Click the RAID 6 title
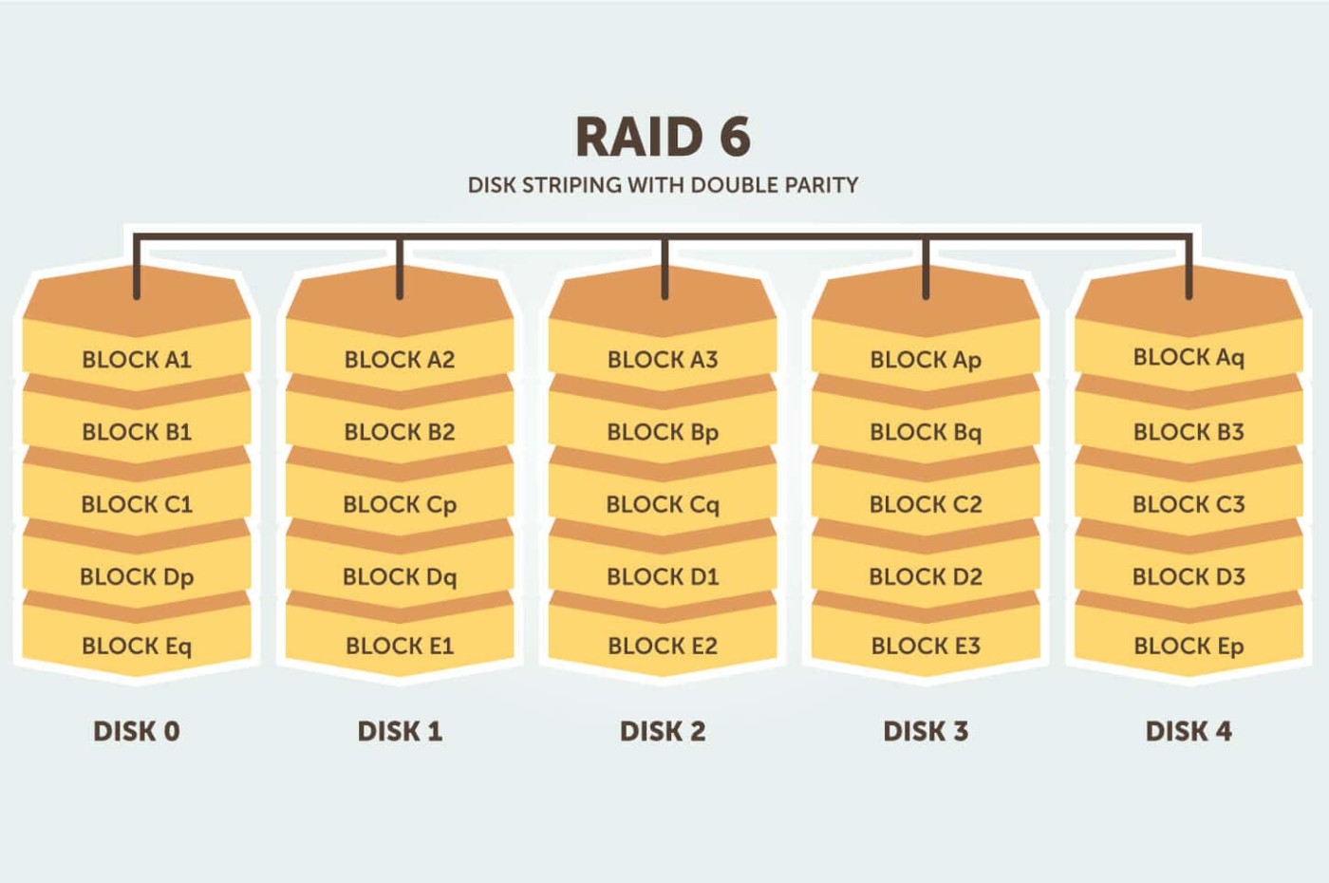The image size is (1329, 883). click(x=663, y=137)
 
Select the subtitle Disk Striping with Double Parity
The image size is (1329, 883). click(x=663, y=185)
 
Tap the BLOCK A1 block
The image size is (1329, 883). click(x=137, y=359)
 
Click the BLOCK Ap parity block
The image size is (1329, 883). click(x=926, y=360)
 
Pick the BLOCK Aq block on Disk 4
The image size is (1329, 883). click(x=1189, y=357)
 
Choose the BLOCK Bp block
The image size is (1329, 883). click(x=663, y=432)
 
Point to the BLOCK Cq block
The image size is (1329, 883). click(x=663, y=504)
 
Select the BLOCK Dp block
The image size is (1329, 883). click(x=137, y=576)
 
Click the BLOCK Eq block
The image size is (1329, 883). click(x=137, y=646)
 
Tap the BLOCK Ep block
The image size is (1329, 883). click(x=1189, y=646)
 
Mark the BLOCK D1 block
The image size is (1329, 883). click(x=663, y=576)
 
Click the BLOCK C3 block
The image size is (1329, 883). click(x=1189, y=504)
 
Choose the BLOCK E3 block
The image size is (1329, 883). click(x=926, y=646)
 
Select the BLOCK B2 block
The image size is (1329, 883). click(x=400, y=432)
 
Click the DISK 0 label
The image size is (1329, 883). click(x=137, y=731)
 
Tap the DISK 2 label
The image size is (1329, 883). click(x=663, y=731)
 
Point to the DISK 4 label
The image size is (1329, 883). click(x=1189, y=731)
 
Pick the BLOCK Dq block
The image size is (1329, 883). click(x=400, y=576)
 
